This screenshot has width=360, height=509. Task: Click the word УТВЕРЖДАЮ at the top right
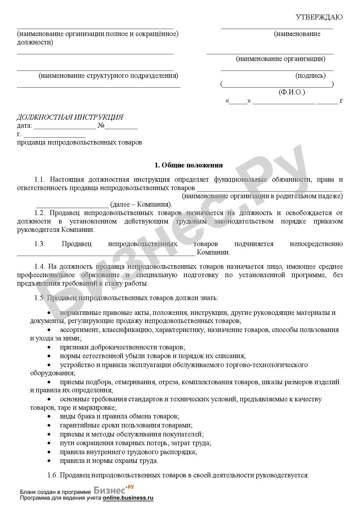pos(319,17)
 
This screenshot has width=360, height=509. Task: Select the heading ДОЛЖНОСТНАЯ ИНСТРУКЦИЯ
pos(70,117)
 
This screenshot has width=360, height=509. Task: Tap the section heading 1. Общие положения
pos(188,165)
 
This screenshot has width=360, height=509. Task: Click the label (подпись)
pos(310,76)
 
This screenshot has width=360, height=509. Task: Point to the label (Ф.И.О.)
pos(291,92)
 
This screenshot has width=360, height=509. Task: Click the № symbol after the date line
pos(101,126)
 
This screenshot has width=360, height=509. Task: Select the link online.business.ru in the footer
pos(128,498)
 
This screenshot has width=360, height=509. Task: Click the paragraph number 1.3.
pos(39,244)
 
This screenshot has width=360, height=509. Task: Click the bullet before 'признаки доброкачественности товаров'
pos(49,347)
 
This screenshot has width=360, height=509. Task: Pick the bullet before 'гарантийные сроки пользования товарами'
pos(49,425)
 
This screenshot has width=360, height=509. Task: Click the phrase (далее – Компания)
pos(141,204)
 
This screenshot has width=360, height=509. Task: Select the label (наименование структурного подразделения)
pos(108,76)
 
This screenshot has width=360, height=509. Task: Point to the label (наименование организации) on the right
pos(280,59)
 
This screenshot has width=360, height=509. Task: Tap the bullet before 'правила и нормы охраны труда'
pos(49,460)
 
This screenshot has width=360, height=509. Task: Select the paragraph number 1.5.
pos(39,298)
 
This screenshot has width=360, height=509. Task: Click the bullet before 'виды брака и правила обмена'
pos(49,416)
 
